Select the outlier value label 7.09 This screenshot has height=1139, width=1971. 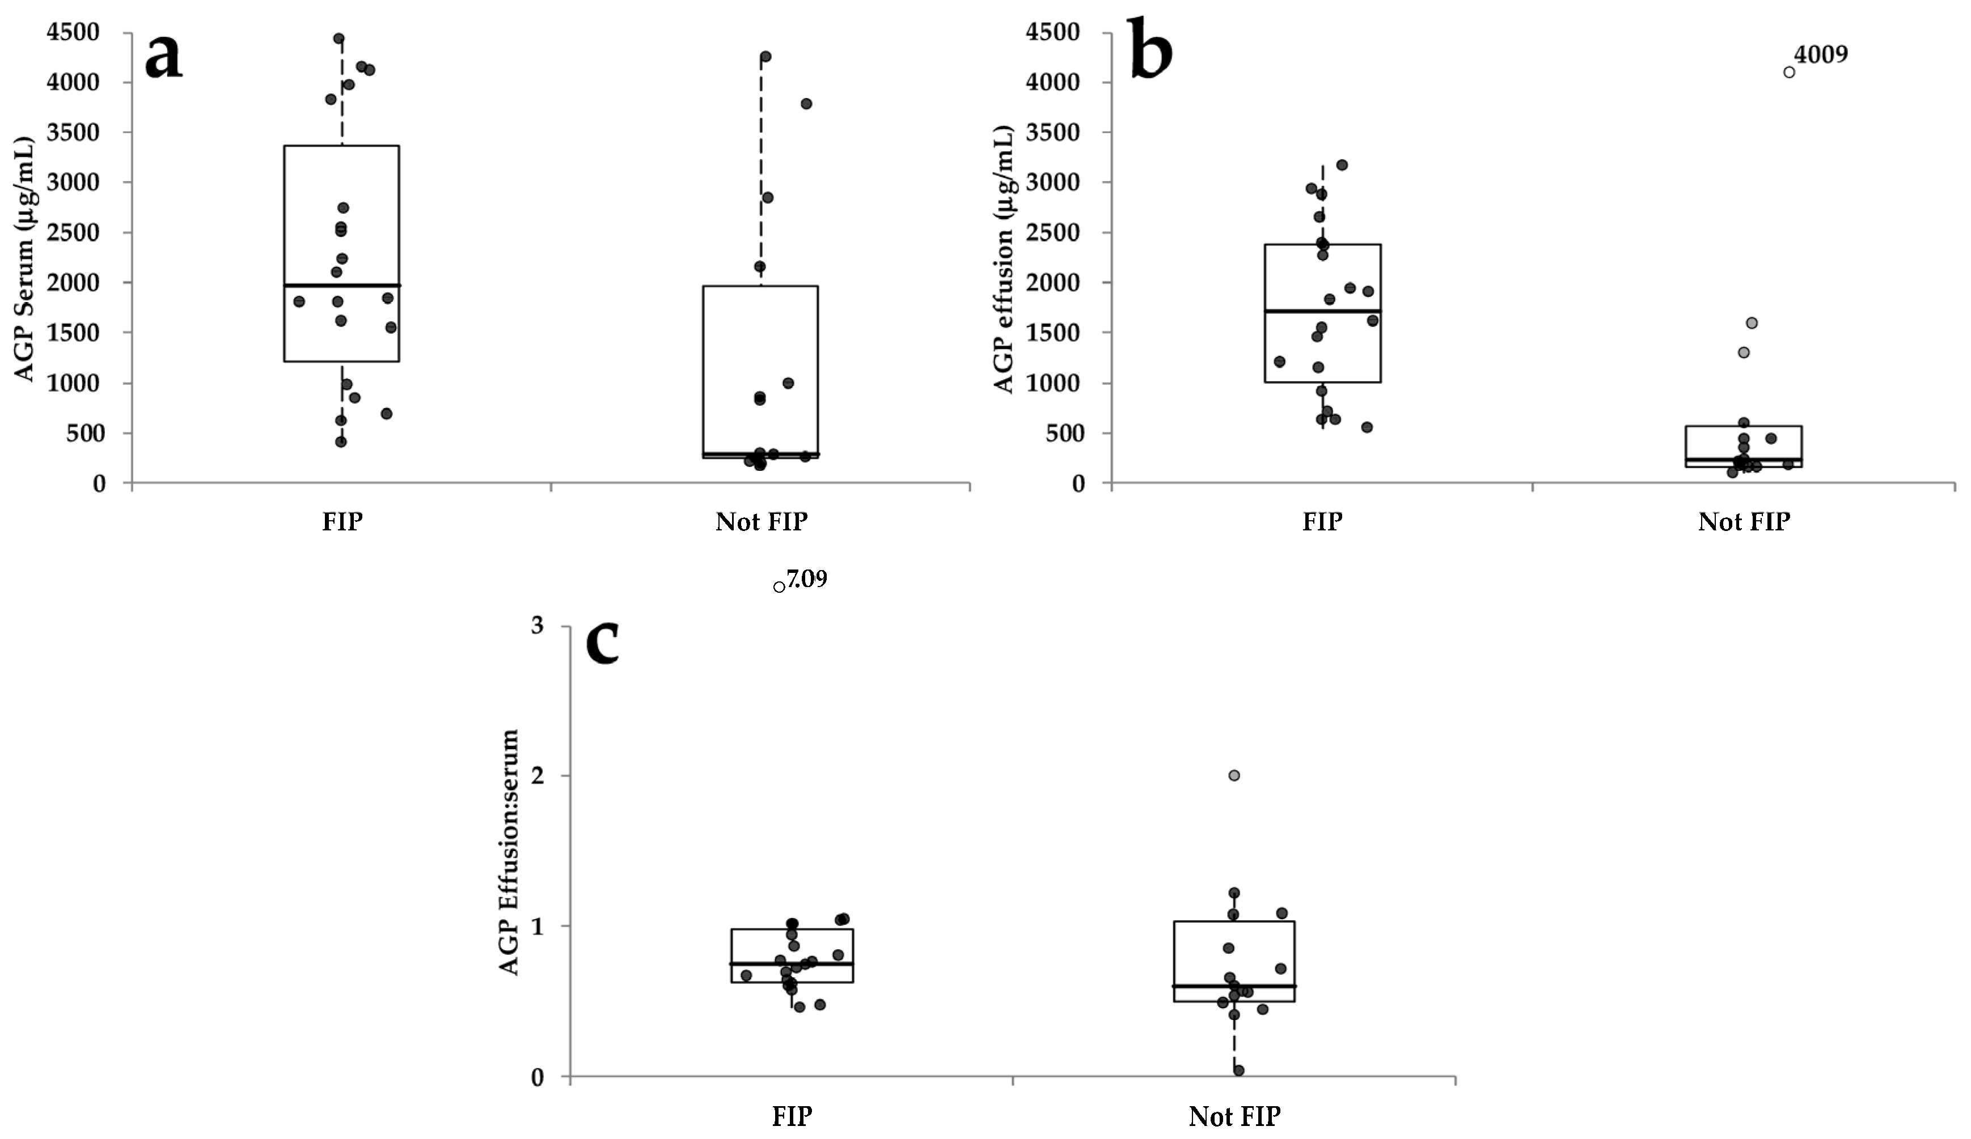(806, 579)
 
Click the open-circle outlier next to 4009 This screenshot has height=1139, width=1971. (1789, 72)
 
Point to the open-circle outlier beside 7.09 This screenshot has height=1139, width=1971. (779, 587)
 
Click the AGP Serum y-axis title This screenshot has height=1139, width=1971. (25, 260)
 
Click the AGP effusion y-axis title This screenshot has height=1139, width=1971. (1004, 260)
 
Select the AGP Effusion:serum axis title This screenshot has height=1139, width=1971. (509, 852)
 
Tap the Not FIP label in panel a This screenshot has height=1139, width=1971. (761, 521)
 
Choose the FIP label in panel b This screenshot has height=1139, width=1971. (1322, 521)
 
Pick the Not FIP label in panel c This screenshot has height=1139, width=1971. (1234, 1116)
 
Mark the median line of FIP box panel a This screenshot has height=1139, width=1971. (342, 286)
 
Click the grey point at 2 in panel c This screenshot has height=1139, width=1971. (1234, 776)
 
